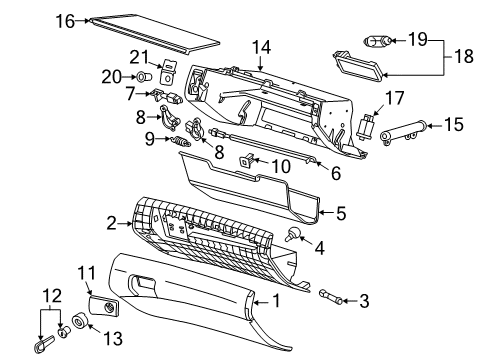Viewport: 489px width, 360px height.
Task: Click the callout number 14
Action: (261, 46)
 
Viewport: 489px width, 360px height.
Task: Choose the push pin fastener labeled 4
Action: (294, 236)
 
